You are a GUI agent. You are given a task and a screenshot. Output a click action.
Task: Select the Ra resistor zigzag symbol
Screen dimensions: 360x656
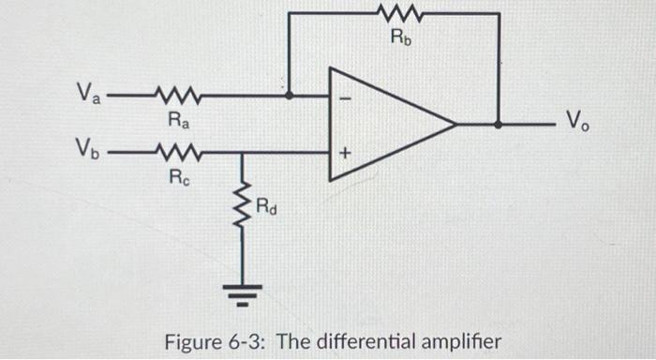[x=173, y=95]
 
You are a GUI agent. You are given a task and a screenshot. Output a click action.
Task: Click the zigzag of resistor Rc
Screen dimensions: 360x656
[x=173, y=151]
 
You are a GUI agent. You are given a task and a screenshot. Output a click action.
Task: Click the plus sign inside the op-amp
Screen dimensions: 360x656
[x=341, y=150]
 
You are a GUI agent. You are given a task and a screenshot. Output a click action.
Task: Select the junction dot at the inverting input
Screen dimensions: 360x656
[x=289, y=95]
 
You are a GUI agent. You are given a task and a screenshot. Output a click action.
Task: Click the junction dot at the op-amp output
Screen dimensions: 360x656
[x=498, y=123]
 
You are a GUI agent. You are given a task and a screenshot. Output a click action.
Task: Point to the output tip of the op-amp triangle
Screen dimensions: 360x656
[x=455, y=123]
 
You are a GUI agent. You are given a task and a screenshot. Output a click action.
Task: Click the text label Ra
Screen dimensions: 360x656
[x=175, y=119]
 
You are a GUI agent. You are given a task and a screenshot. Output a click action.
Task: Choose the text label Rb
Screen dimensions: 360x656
[x=399, y=38]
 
